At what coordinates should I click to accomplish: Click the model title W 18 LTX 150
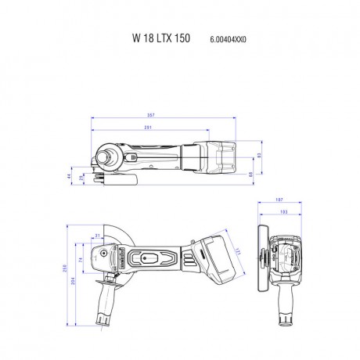pos(160,38)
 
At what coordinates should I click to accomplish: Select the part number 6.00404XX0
pos(229,38)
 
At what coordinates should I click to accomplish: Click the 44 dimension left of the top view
pos(69,177)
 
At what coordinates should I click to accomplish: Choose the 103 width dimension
pos(283,212)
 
